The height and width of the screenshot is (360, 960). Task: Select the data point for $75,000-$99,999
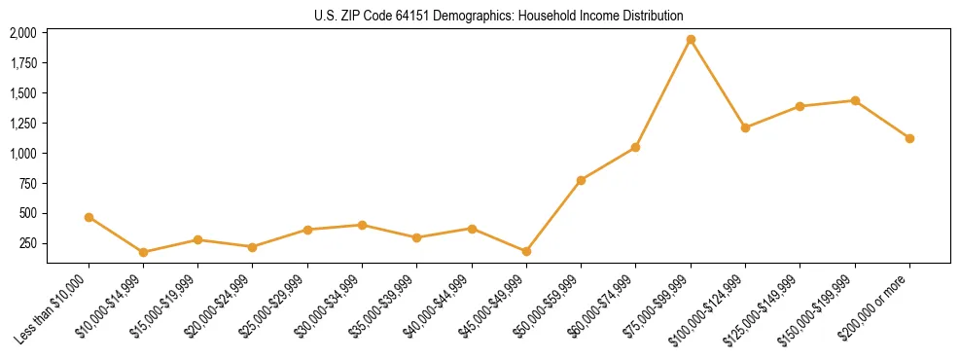[691, 40]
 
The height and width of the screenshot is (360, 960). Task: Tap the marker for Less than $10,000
[89, 217]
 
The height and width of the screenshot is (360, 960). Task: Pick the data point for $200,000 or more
[909, 138]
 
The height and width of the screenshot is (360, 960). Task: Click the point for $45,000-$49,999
[526, 251]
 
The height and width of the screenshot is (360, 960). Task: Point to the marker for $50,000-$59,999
[581, 180]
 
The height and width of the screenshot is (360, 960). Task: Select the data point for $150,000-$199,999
[855, 100]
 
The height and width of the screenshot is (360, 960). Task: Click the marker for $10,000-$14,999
[143, 252]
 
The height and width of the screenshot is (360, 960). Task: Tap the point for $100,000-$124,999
[745, 127]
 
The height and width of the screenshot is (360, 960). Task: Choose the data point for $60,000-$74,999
[635, 147]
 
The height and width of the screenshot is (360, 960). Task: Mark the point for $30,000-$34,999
[362, 225]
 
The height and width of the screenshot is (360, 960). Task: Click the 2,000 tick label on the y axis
[22, 33]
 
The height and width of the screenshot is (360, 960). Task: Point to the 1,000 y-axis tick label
[22, 154]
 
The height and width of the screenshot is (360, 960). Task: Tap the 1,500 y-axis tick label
[22, 93]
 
